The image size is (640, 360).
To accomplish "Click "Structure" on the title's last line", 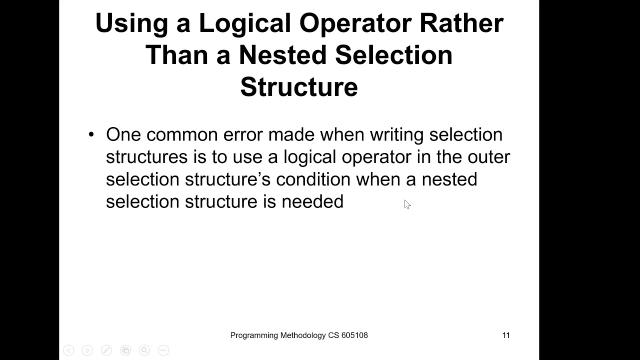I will click(299, 86).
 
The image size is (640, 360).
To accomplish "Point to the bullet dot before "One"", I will click(91, 134).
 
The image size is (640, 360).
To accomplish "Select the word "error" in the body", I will click(243, 134).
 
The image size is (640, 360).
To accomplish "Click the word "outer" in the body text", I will click(488, 157).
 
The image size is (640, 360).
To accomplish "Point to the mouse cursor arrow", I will click(406, 203).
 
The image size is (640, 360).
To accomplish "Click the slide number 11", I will click(506, 335).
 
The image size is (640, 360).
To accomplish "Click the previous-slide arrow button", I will click(68, 350).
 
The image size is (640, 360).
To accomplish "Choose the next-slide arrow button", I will click(87, 350).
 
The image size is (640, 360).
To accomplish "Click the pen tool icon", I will click(106, 350).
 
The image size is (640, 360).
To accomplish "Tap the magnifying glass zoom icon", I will click(144, 350).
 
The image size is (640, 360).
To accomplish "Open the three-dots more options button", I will click(163, 350).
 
